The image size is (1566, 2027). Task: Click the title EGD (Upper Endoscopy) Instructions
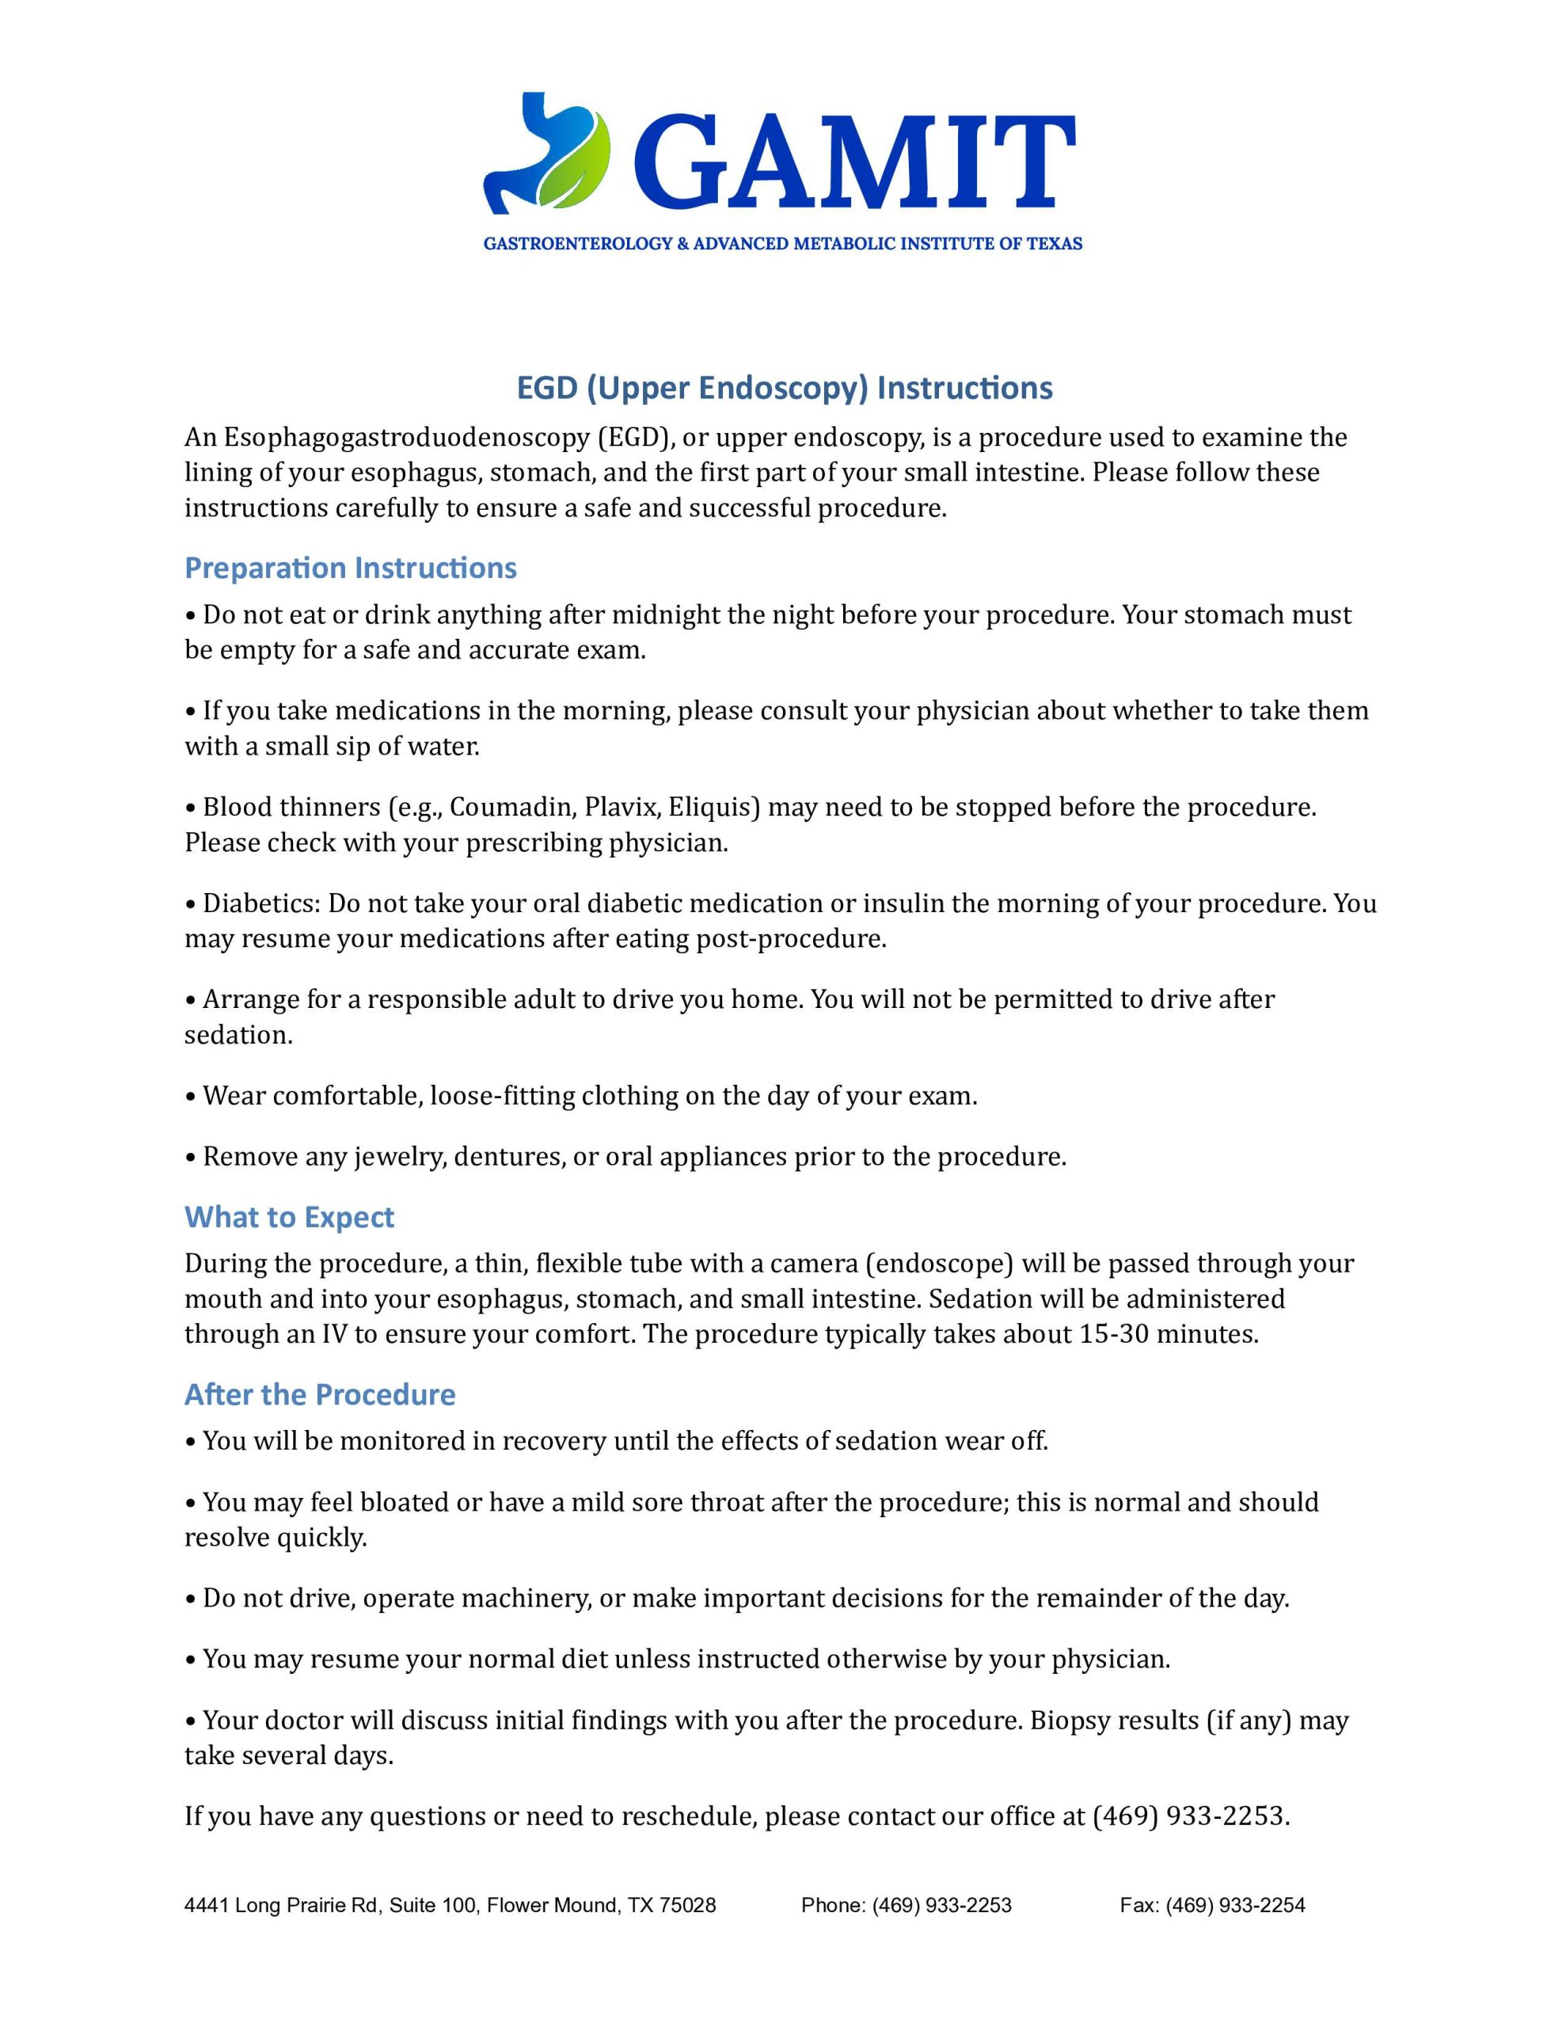(784, 388)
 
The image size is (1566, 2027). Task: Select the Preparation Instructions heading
(350, 568)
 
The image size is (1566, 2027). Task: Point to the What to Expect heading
(289, 1217)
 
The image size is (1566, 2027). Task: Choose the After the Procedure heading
(319, 1394)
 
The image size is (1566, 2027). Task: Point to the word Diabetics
(260, 903)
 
